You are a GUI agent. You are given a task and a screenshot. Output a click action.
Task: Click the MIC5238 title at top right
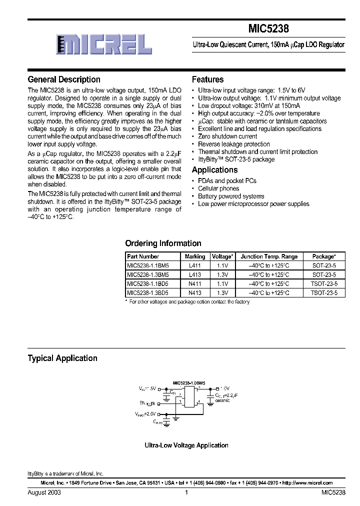(268, 29)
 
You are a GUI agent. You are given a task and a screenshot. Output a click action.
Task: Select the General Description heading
(64, 79)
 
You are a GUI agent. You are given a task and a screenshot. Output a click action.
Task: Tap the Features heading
(208, 79)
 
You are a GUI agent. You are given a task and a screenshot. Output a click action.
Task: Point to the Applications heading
(215, 170)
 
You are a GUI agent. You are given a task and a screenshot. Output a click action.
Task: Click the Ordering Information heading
(163, 243)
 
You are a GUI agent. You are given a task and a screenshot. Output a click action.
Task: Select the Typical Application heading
(62, 358)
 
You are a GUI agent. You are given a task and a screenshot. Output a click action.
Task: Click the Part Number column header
(143, 256)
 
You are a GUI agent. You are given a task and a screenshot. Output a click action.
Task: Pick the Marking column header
(195, 256)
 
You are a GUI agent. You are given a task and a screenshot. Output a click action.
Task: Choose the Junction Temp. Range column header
(269, 256)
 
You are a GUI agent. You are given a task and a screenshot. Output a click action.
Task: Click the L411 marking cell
(195, 266)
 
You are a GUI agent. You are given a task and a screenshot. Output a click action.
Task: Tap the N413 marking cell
(195, 292)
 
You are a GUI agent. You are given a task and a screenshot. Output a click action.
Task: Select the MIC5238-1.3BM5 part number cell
(148, 275)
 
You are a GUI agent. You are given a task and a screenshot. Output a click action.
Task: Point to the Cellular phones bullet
(218, 188)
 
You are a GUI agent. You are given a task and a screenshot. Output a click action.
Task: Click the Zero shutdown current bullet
(227, 136)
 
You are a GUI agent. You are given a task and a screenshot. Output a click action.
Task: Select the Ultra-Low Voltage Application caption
(186, 445)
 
